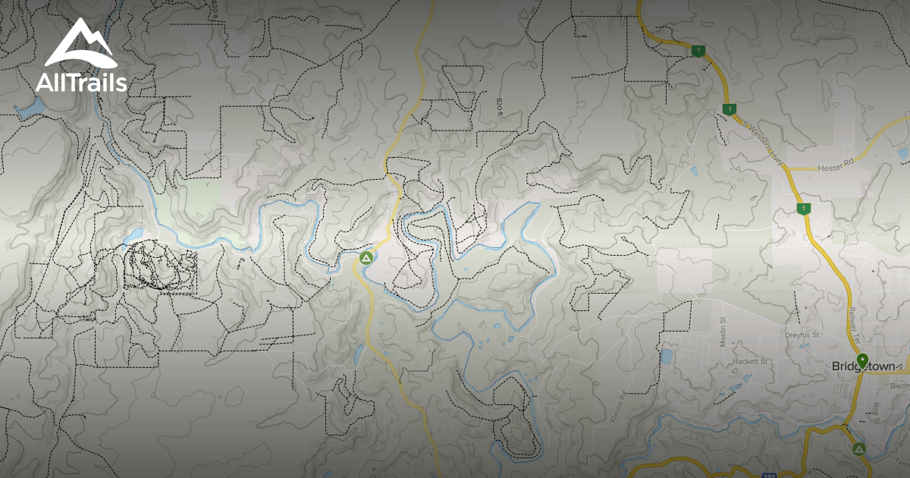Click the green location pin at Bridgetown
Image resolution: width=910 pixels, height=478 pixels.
pos(861,360)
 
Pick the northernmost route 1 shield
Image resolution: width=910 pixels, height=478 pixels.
pos(698,51)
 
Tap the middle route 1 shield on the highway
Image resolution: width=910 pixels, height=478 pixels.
pos(729,109)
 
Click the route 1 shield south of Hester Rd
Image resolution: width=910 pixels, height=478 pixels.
pos(802,208)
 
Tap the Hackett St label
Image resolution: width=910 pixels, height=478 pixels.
pos(751,362)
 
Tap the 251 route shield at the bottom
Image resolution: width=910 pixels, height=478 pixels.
pos(769,475)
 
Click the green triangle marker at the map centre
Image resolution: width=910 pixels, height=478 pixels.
pos(366,258)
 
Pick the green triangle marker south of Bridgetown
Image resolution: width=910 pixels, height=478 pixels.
pos(858,449)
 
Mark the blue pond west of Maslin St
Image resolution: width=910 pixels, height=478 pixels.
pos(667,356)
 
